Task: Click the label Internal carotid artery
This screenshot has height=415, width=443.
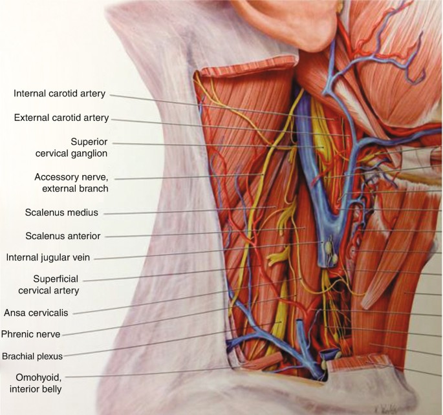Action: [59, 94]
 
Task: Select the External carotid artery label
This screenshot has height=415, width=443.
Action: [61, 118]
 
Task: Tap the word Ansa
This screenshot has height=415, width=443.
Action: [16, 312]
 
